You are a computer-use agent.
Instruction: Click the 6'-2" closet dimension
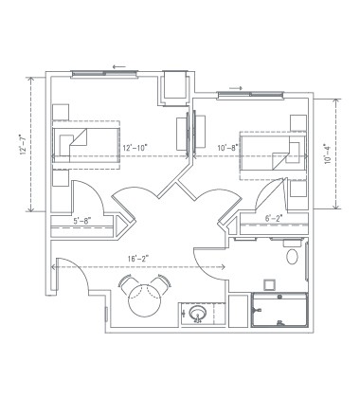coord(274,220)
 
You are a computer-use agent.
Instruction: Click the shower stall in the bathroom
coord(280,310)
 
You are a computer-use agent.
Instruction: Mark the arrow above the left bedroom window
coord(117,65)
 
